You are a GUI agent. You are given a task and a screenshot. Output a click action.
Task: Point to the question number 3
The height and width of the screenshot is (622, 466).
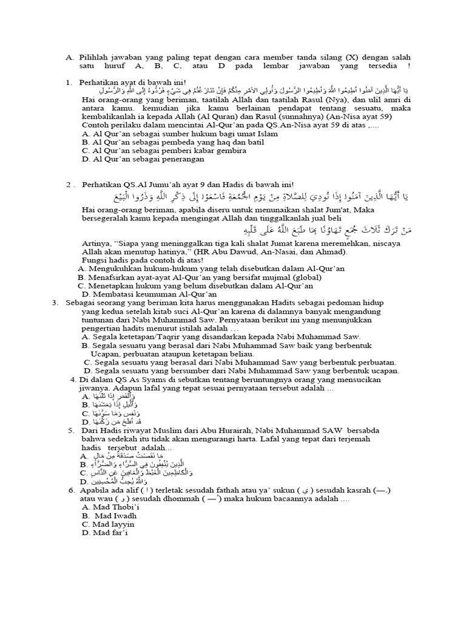coord(55,302)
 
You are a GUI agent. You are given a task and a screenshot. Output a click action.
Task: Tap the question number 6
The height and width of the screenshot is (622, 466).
coord(72,489)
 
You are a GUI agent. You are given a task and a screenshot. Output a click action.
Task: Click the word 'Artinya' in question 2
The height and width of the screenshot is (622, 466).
coord(96,243)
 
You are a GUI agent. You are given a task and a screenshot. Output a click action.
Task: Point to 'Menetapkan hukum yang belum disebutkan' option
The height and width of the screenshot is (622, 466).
coord(201,285)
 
